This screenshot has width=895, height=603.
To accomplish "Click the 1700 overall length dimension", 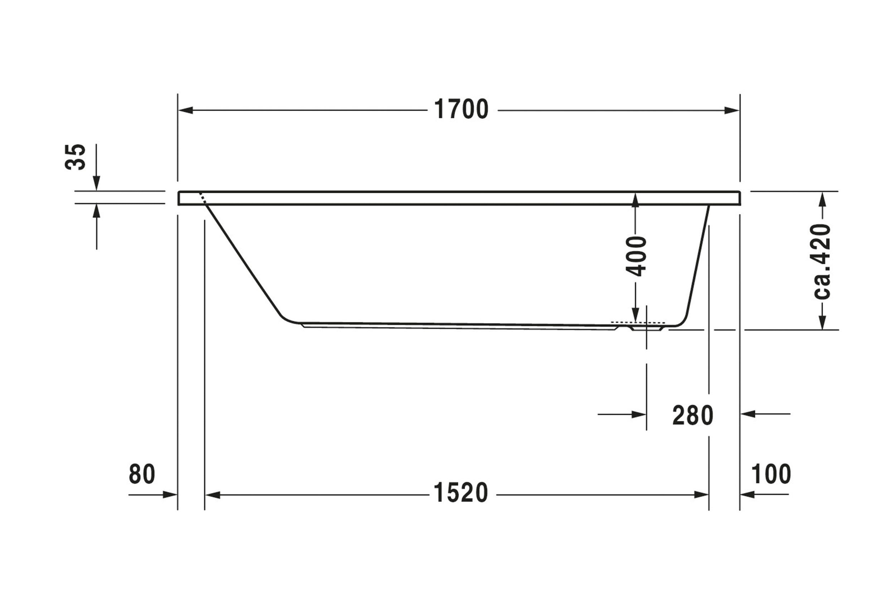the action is [x=461, y=109].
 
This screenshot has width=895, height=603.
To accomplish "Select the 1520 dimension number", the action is [x=460, y=493].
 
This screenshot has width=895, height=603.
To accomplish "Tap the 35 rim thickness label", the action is [x=76, y=157].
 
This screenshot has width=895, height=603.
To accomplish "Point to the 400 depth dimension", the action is [x=636, y=257].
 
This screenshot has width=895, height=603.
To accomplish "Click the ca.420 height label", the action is [x=822, y=262].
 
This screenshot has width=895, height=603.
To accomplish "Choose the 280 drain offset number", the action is [x=693, y=416].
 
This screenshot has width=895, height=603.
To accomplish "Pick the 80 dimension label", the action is [x=142, y=474].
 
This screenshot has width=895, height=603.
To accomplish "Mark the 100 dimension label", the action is [x=771, y=474].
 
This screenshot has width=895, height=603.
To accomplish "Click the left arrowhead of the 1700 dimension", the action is [x=186, y=110].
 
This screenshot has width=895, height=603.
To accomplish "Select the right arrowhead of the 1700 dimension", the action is [x=731, y=110].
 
